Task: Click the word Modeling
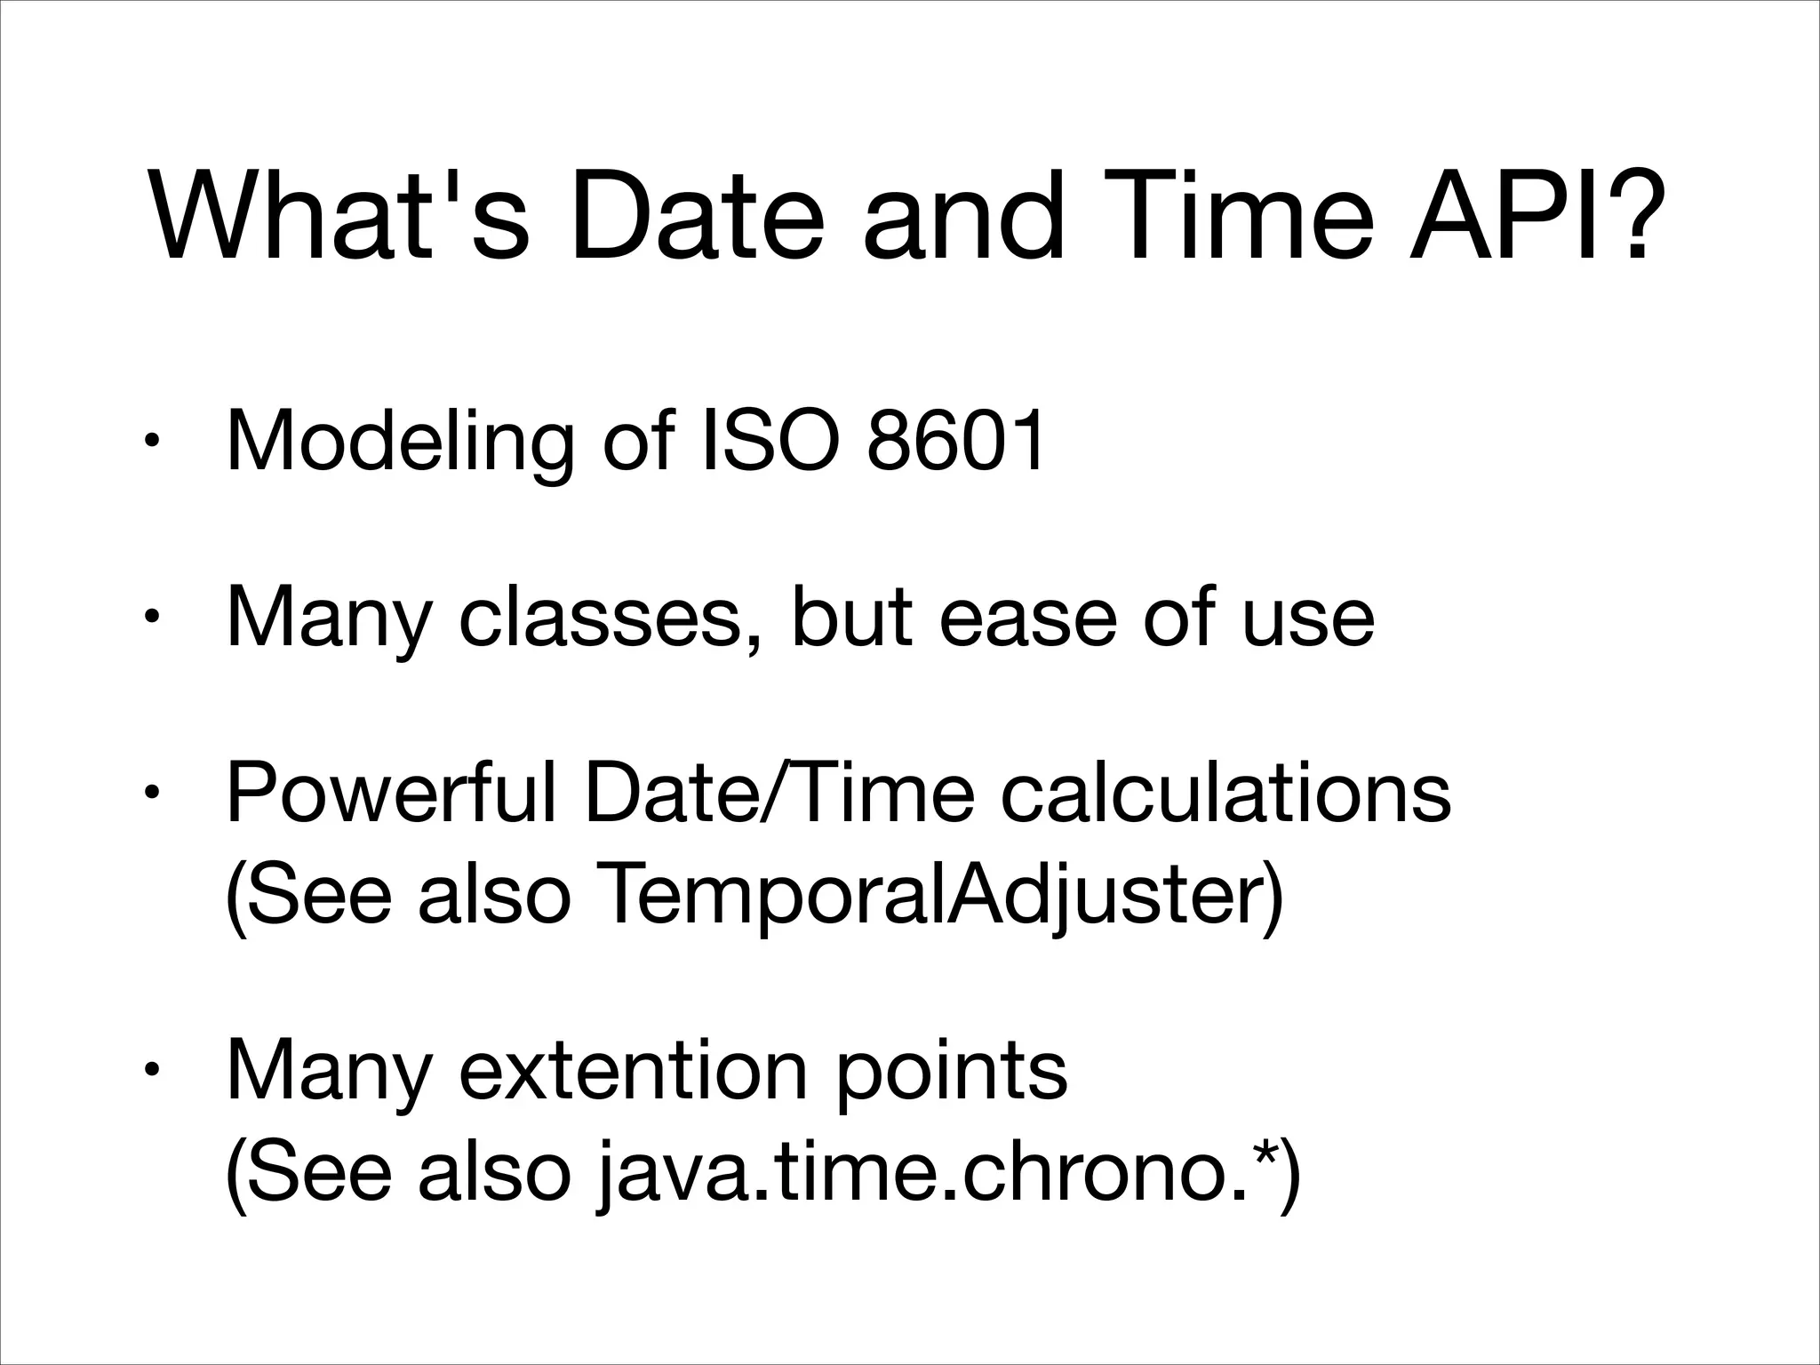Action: click(x=400, y=443)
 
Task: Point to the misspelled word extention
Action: click(x=635, y=1072)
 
